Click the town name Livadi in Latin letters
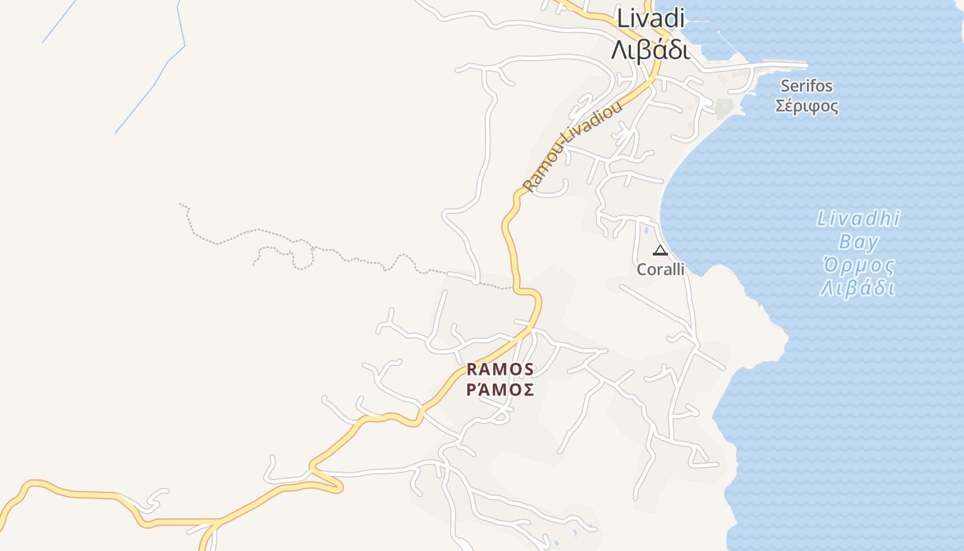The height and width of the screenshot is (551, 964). (651, 19)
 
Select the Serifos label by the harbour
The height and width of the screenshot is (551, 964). (806, 86)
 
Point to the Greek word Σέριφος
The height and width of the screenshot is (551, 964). (807, 107)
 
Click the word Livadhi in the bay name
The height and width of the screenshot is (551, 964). (859, 219)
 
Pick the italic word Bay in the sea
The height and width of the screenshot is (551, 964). (859, 242)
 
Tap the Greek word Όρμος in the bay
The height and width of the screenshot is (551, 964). (859, 265)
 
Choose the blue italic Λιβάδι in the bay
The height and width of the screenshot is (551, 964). (858, 288)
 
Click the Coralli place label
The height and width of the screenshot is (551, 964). (660, 269)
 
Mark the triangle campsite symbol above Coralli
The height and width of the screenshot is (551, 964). (660, 250)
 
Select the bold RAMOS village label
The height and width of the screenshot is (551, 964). (500, 370)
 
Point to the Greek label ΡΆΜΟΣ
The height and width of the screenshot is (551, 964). (500, 390)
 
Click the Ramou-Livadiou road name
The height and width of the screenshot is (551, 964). (572, 146)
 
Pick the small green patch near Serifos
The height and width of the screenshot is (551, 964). (723, 108)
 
